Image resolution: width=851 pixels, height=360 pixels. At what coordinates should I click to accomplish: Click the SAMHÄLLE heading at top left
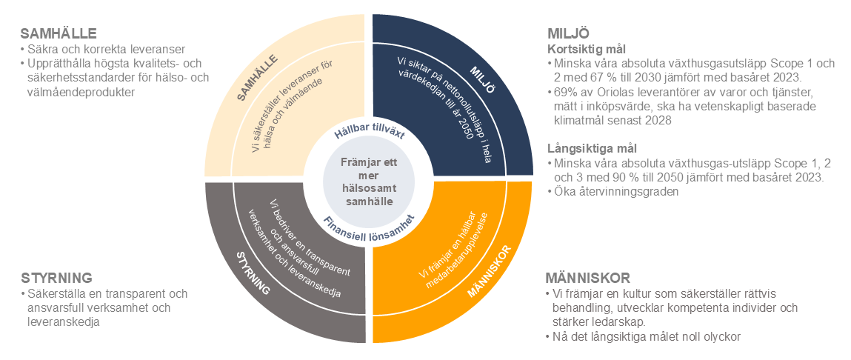59,34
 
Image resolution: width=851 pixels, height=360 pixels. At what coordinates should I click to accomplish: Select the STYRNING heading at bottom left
56,278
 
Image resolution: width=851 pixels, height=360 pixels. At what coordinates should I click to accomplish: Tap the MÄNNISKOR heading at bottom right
587,278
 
